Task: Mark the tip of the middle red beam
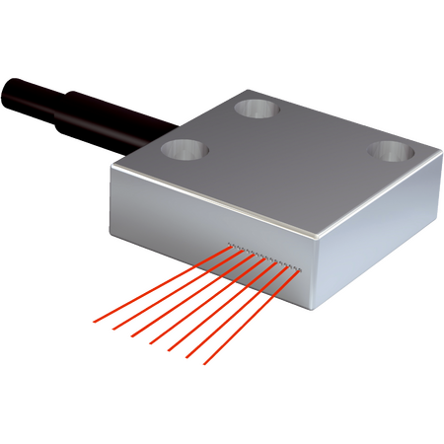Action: (148, 344)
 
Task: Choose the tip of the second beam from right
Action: (186, 358)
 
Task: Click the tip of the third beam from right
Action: (168, 351)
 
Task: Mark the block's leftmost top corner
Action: (112, 169)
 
